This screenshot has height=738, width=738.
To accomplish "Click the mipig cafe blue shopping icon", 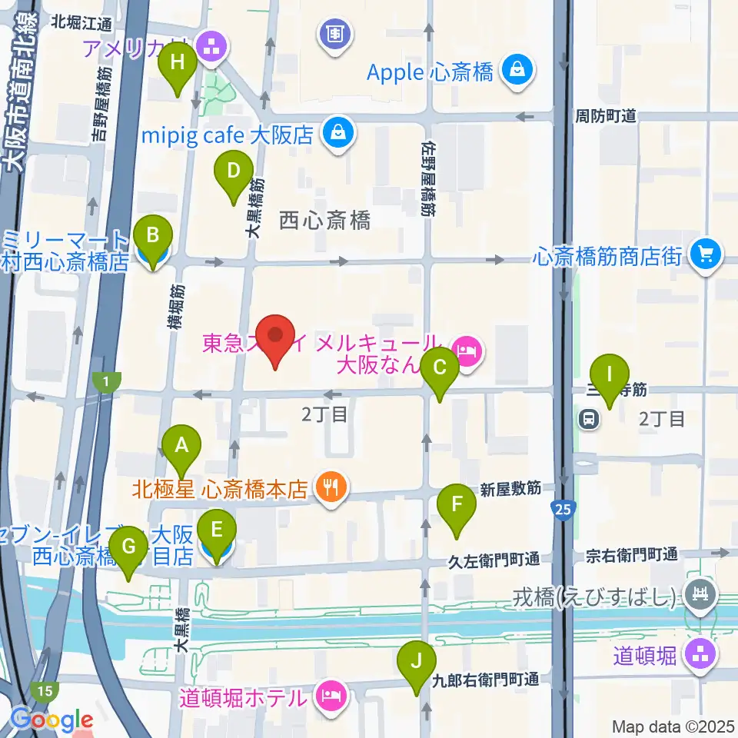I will click(338, 134).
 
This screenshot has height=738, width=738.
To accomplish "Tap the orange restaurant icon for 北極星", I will click(331, 489).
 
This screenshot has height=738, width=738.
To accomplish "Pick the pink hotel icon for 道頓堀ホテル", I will click(332, 699).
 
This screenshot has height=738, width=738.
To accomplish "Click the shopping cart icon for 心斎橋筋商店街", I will click(704, 254).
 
